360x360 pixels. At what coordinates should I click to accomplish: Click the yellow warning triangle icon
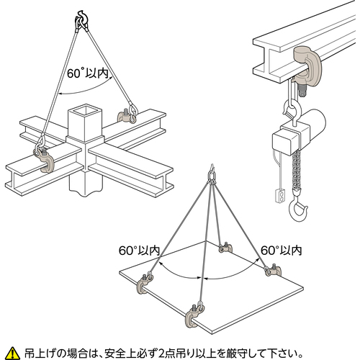click(13, 353)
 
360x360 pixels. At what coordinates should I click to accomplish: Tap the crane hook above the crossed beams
click(82, 19)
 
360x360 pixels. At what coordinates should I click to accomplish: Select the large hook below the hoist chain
click(298, 208)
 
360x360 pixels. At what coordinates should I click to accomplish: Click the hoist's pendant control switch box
click(280, 195)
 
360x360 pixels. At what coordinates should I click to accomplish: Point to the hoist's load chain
click(297, 171)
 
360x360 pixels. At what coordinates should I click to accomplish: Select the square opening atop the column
click(85, 111)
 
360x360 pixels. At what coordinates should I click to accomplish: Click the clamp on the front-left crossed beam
click(45, 161)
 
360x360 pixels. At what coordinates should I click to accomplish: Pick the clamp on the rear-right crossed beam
click(125, 117)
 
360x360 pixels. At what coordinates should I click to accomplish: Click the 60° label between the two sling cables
click(88, 73)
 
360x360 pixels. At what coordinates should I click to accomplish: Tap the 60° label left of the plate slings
click(140, 251)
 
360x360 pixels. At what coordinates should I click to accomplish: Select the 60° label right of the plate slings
click(282, 251)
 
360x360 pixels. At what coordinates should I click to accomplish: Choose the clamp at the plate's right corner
click(274, 270)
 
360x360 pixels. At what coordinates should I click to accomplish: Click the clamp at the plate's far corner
click(225, 248)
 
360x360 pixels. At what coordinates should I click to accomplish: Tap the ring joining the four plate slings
click(212, 177)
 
